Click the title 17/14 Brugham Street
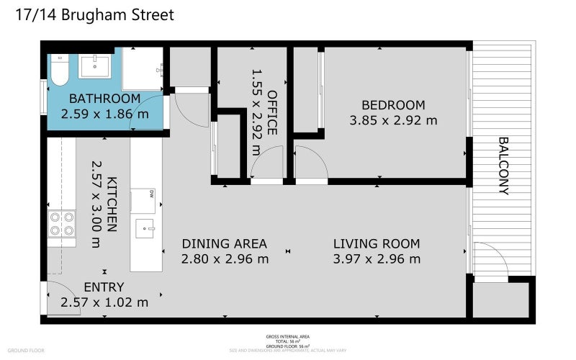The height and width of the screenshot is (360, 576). click(94, 15)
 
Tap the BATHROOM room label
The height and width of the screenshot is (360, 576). click(104, 99)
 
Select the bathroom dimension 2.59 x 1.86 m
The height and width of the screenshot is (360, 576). click(104, 114)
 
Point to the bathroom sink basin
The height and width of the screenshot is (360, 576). click(94, 66)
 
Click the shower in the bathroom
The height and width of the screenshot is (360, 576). click(142, 68)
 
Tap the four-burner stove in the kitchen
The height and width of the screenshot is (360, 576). click(61, 224)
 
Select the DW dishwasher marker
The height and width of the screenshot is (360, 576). click(152, 193)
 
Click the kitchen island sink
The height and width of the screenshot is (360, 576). click(147, 229)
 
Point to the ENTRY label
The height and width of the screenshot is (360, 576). click(104, 287)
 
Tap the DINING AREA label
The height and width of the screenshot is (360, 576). click(224, 243)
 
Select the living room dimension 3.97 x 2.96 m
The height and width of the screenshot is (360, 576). click(377, 259)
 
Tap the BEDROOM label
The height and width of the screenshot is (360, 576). click(392, 104)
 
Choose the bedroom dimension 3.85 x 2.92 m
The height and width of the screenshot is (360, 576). click(393, 120)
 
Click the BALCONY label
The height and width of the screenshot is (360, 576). click(503, 166)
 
